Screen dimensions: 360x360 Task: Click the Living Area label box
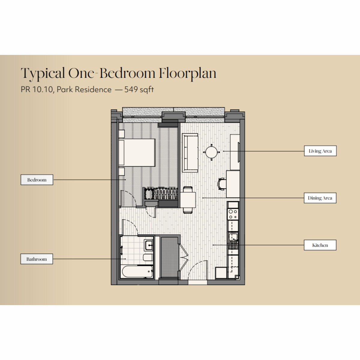click(320, 151)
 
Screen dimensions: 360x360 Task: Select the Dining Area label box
click(320, 198)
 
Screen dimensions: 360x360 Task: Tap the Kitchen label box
click(320, 245)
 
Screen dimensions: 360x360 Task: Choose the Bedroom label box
click(37, 180)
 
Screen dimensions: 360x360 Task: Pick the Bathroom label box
click(37, 259)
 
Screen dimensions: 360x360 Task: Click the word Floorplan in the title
click(187, 73)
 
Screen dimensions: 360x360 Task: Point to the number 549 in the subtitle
click(131, 89)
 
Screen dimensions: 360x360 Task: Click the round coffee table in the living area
click(211, 152)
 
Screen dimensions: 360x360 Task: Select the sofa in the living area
click(190, 153)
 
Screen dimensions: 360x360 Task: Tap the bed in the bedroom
click(137, 152)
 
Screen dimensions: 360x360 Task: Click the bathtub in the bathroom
click(137, 271)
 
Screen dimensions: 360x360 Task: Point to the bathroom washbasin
click(149, 245)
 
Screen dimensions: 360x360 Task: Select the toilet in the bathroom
click(148, 258)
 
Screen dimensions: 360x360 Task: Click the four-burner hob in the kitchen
click(233, 214)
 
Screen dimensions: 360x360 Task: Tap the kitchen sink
click(233, 237)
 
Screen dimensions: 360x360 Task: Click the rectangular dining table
click(188, 200)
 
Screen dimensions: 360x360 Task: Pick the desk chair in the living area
click(222, 184)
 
